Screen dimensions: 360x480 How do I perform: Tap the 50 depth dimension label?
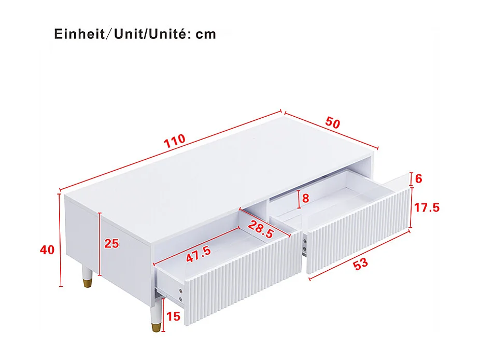(x=333, y=123)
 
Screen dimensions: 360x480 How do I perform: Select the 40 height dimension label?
(x=47, y=250)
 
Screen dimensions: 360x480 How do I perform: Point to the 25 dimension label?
(x=111, y=243)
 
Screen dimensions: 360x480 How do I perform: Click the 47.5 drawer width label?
(x=199, y=254)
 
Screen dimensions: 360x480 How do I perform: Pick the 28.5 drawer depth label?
(x=260, y=229)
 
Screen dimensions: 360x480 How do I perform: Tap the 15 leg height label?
(x=174, y=316)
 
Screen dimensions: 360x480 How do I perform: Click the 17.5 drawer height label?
(x=427, y=207)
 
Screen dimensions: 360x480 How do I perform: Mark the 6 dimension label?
(x=419, y=179)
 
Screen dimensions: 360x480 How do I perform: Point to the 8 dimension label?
(x=305, y=198)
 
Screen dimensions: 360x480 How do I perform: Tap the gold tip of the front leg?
(x=155, y=328)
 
